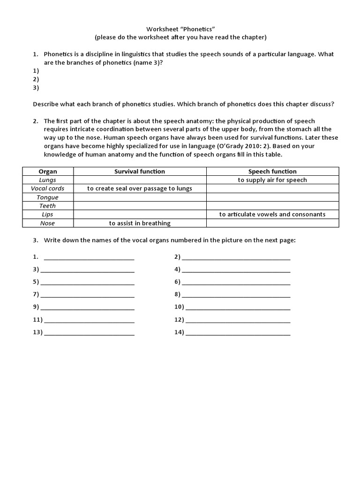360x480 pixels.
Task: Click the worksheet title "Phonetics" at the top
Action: (x=180, y=28)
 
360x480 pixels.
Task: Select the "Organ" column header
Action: (x=48, y=172)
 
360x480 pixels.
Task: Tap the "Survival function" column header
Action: (x=140, y=172)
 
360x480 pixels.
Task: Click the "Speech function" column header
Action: (x=272, y=172)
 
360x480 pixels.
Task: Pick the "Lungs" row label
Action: (x=48, y=180)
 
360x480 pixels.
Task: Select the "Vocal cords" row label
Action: (x=48, y=188)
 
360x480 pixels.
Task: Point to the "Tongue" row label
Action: (x=48, y=197)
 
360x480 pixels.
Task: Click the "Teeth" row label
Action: (x=48, y=206)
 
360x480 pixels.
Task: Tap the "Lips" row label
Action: (x=48, y=214)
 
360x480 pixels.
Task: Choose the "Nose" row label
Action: (x=48, y=223)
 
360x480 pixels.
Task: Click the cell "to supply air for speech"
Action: (x=272, y=180)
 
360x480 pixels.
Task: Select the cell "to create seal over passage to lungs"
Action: (x=140, y=188)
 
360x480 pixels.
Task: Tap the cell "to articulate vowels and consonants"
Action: (x=272, y=214)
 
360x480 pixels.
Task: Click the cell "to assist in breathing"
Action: (x=140, y=223)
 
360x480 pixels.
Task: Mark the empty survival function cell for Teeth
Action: (x=140, y=206)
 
